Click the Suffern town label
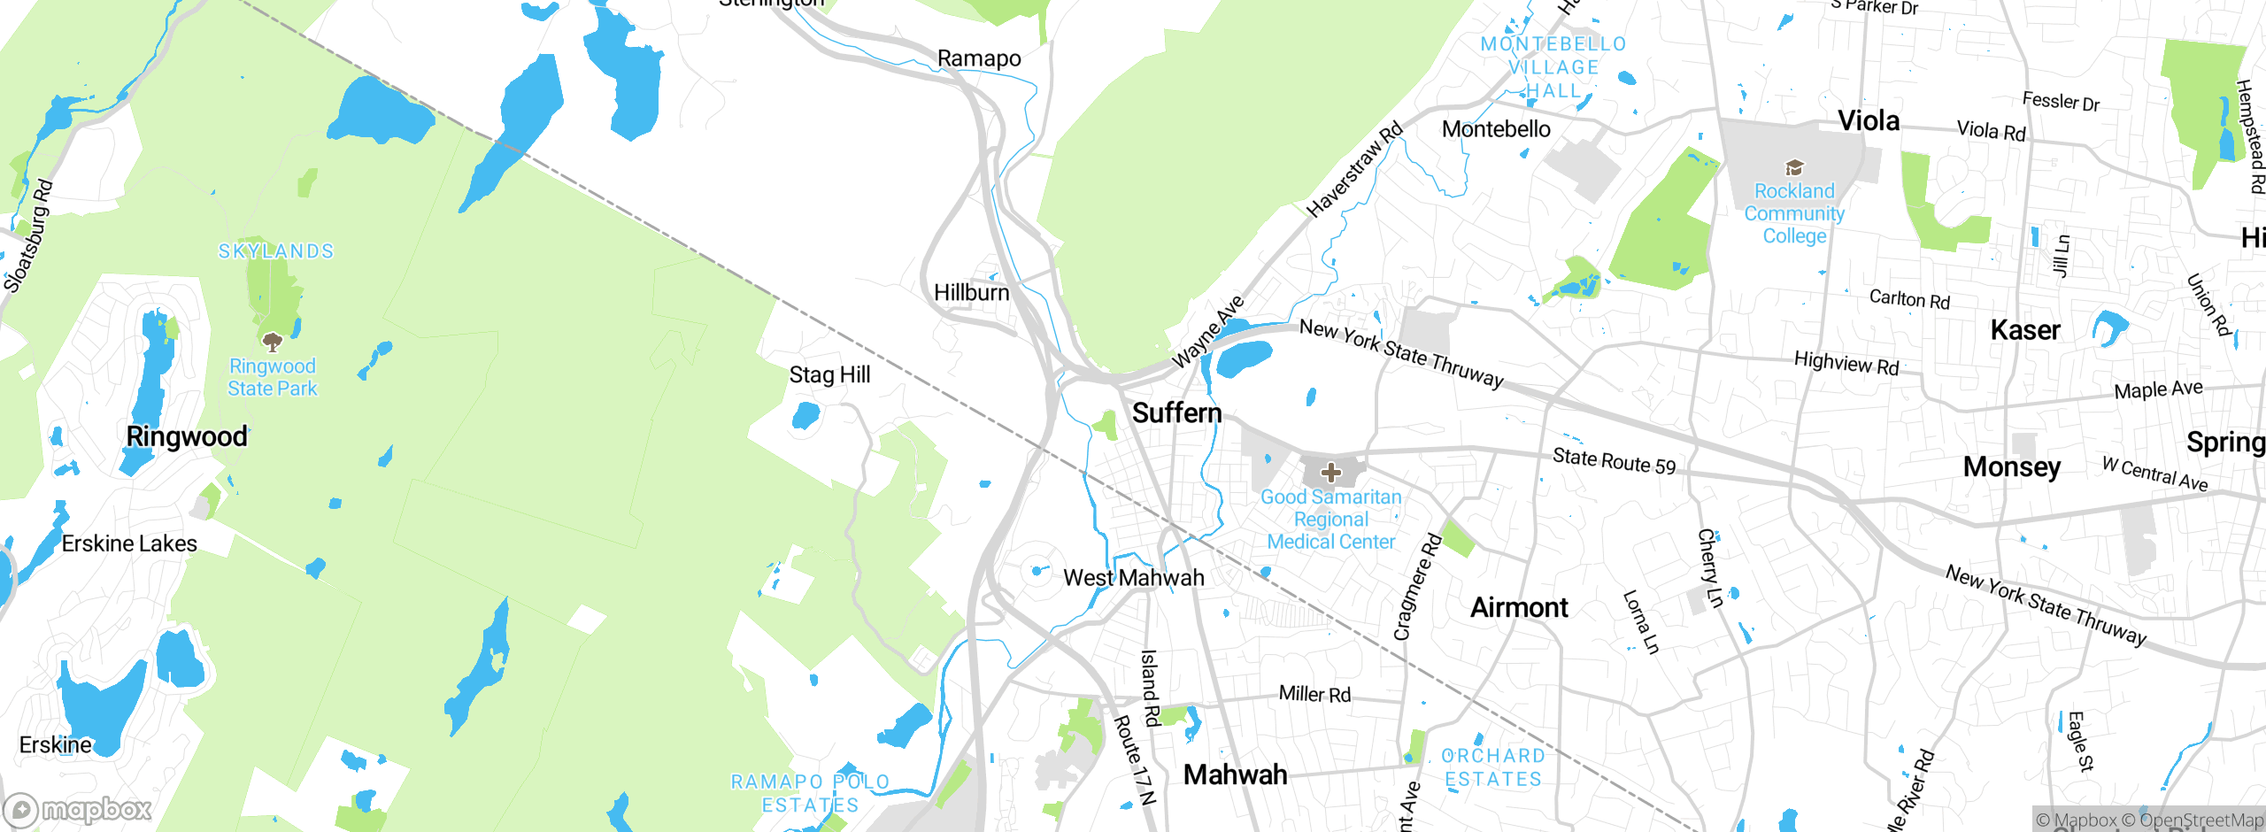(1176, 412)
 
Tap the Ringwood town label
(187, 436)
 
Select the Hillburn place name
(971, 292)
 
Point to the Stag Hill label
(829, 375)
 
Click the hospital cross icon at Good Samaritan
(1330, 473)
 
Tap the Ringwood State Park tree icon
(273, 342)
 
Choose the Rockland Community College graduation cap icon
(1794, 167)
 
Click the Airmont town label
(1519, 607)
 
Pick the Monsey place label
(2012, 466)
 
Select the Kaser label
(2025, 330)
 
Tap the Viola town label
(1869, 120)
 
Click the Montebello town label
(1496, 129)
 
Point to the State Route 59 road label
(1614, 461)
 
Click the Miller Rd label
(1314, 694)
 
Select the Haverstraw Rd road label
(1354, 169)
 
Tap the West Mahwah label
(1133, 578)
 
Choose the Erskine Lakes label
(129, 543)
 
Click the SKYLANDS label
(276, 251)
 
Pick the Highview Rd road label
(1846, 363)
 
